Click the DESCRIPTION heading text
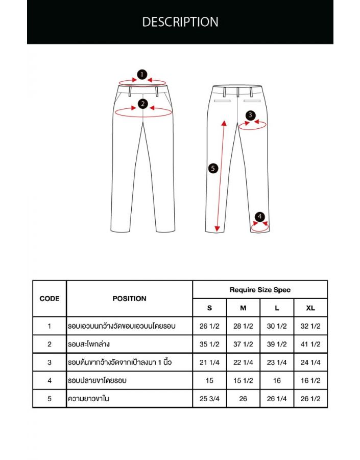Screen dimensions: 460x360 click(180, 22)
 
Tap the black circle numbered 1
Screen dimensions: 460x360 click(142, 75)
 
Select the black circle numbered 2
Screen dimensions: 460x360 click(143, 104)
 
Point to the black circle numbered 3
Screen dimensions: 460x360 click(250, 116)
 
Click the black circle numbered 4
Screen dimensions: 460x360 click(260, 217)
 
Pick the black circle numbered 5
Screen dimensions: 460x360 click(213, 168)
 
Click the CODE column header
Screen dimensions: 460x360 click(50, 298)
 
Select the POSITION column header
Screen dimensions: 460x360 click(129, 298)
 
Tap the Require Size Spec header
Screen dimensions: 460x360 click(260, 290)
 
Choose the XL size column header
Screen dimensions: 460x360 click(310, 308)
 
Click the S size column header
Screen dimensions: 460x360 click(209, 308)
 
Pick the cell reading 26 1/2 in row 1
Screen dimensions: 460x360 click(209, 326)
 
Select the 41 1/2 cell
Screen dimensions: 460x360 click(310, 344)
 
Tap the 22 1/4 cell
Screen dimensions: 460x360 click(243, 362)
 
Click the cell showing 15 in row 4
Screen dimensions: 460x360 click(209, 380)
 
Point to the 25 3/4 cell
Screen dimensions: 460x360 click(209, 399)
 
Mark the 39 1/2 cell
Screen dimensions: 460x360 click(277, 344)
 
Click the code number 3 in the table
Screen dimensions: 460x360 click(50, 362)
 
